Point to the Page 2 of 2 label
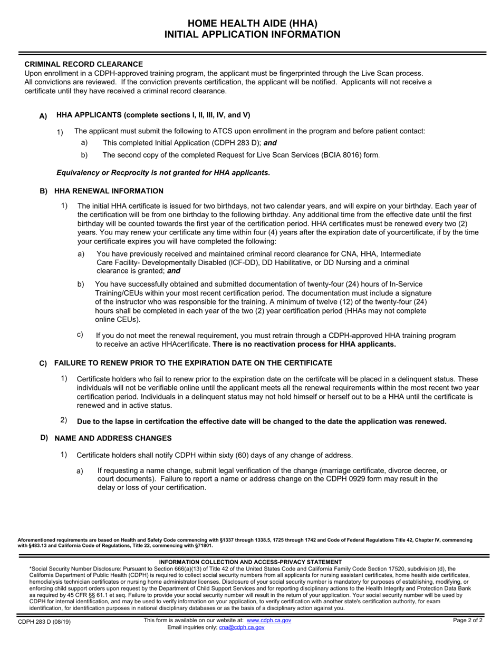[x=467, y=620]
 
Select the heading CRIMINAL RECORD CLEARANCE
[x=83, y=64]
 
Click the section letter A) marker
[x=43, y=116]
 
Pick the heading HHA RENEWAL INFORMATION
[x=109, y=191]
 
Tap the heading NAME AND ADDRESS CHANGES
[x=113, y=438]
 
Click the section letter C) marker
[x=43, y=364]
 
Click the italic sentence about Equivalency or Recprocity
[x=163, y=172]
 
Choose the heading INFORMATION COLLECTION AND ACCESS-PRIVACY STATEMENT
[x=250, y=562]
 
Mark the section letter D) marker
[x=44, y=438]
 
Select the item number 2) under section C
[x=64, y=420]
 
